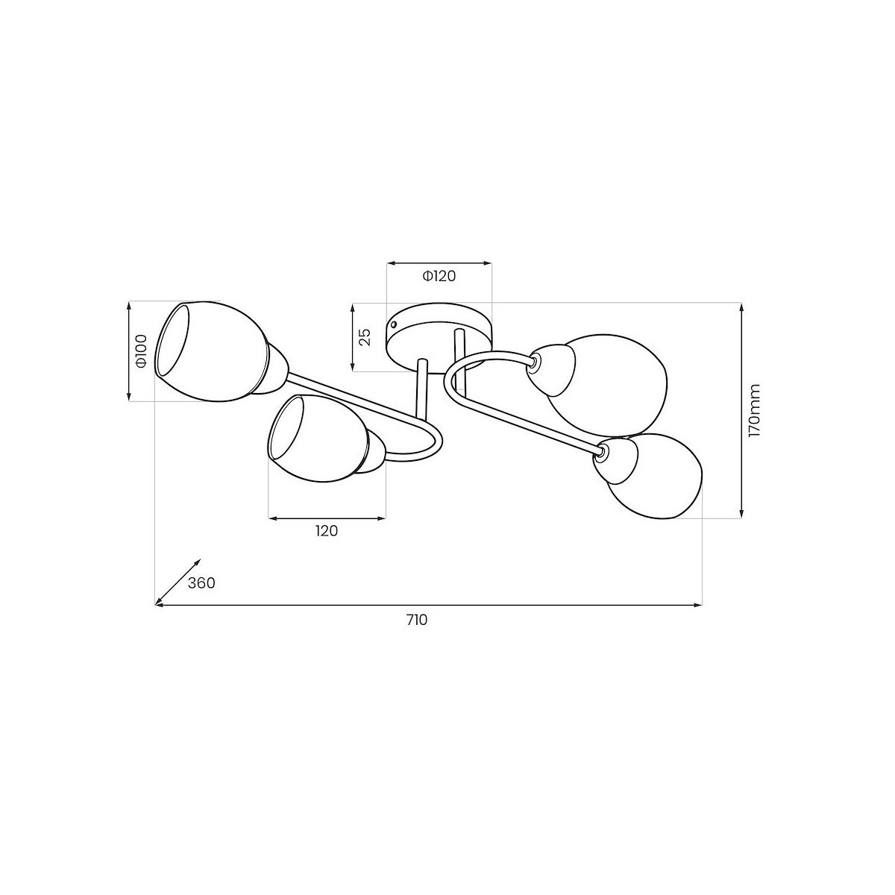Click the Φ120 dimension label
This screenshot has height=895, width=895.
(x=439, y=277)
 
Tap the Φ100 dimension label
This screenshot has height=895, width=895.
(x=141, y=351)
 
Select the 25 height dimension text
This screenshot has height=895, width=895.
(x=366, y=337)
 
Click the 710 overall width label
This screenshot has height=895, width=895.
(x=417, y=620)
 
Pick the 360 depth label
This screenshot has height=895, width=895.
(x=201, y=583)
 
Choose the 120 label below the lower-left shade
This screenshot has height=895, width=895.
(x=327, y=531)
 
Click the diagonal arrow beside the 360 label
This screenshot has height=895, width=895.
(x=178, y=582)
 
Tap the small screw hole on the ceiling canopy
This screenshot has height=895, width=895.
(x=395, y=324)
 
